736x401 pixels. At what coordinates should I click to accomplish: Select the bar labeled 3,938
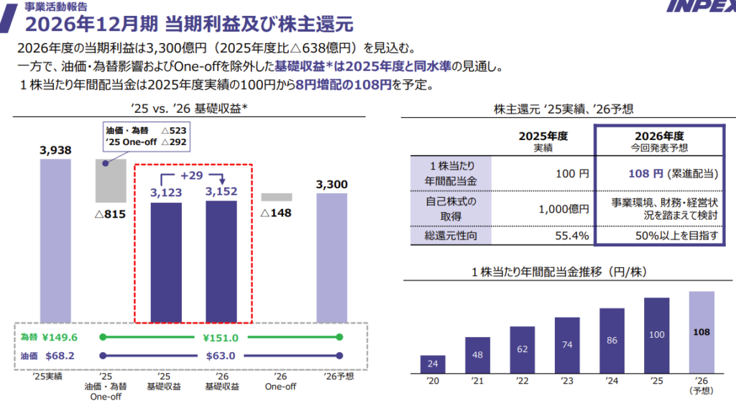(x=55, y=241)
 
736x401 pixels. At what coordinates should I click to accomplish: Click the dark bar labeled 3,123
(x=165, y=262)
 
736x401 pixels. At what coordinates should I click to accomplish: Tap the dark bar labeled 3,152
(x=221, y=262)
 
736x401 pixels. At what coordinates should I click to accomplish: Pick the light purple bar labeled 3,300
(x=332, y=259)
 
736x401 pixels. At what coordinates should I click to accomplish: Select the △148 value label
(x=276, y=213)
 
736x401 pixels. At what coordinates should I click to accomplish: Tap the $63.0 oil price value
(x=221, y=355)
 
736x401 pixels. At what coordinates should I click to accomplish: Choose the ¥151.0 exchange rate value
(x=221, y=337)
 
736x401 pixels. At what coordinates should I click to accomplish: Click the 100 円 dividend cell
(x=572, y=174)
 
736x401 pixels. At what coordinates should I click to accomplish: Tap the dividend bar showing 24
(x=433, y=365)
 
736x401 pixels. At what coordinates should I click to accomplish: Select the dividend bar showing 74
(x=567, y=346)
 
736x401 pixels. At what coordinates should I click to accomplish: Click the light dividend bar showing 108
(x=701, y=333)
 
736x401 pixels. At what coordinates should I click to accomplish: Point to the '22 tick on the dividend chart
(x=522, y=381)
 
